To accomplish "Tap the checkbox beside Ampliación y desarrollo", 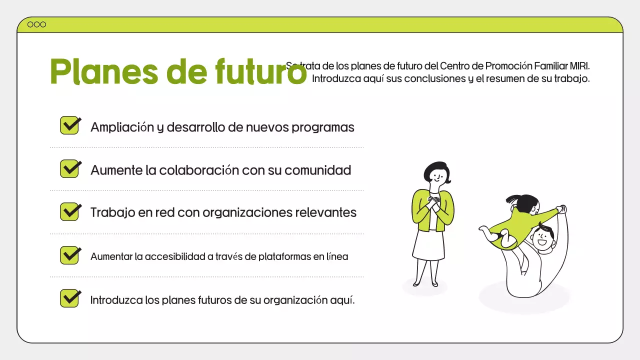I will pyautogui.click(x=70, y=125).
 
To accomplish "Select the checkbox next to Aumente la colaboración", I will pyautogui.click(x=70, y=168).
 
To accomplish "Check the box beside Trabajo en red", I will pyautogui.click(x=70, y=211).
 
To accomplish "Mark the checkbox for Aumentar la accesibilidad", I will pyautogui.click(x=70, y=255).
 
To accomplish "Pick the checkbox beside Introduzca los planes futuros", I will pyautogui.click(x=70, y=298).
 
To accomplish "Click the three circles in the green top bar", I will pyautogui.click(x=36, y=24).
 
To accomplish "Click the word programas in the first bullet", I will pyautogui.click(x=323, y=127).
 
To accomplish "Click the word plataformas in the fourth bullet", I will pyautogui.click(x=284, y=257).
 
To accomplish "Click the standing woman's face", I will pyautogui.click(x=437, y=176).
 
